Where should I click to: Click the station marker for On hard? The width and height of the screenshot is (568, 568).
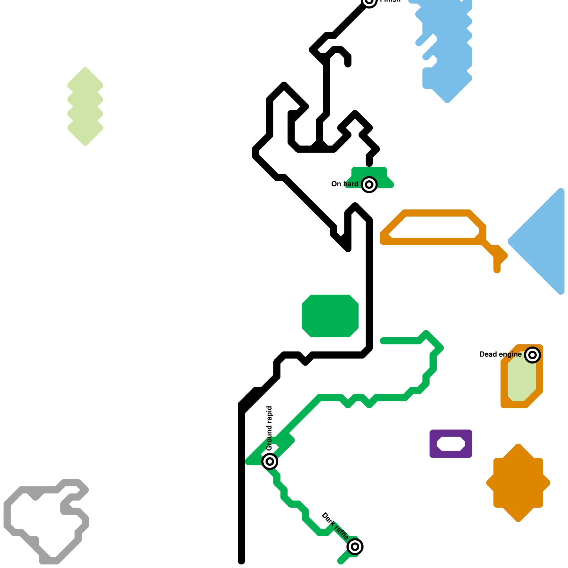pos(369,185)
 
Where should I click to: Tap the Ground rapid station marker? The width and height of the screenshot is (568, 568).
pos(270,461)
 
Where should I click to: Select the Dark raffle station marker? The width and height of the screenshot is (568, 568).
pos(355,546)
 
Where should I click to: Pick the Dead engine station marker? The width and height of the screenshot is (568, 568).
pos(532,355)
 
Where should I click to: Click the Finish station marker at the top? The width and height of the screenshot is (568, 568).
pos(369,1)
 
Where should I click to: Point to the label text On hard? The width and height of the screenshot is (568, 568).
pos(344,184)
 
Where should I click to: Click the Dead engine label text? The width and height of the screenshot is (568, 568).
pos(500,354)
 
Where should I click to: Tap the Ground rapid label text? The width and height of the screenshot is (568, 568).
pos(269,428)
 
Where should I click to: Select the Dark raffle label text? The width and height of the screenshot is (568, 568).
pos(335,526)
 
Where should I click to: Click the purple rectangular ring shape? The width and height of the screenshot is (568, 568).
pos(433,444)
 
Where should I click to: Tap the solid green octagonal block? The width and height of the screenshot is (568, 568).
pos(330,316)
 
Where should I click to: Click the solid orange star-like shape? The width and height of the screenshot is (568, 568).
pos(518,483)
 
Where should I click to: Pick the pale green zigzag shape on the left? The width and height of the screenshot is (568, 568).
pos(85,106)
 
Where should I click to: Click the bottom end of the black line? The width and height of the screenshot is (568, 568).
pos(241,560)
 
